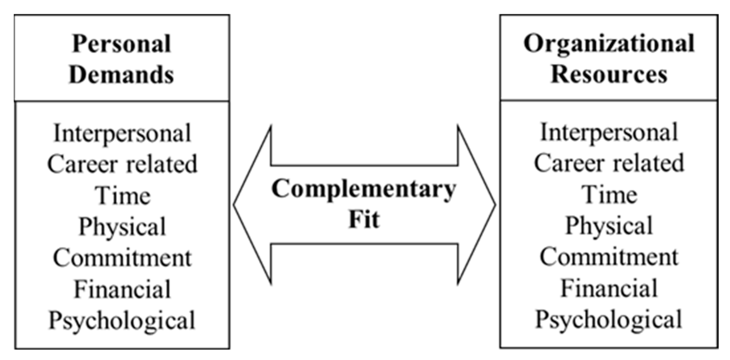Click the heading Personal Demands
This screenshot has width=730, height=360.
click(x=122, y=59)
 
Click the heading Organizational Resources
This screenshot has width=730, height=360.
click(x=609, y=59)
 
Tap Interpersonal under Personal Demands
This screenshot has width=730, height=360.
click(x=122, y=133)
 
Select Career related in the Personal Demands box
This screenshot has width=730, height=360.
click(x=122, y=164)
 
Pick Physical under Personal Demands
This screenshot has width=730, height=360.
click(x=122, y=227)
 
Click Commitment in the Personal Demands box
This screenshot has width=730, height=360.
click(x=122, y=258)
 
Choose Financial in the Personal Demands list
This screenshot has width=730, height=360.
click(x=122, y=289)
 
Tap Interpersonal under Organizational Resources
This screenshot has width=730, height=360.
click(x=609, y=132)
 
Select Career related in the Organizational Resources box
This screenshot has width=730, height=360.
click(x=609, y=163)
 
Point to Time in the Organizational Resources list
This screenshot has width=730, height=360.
click(x=609, y=195)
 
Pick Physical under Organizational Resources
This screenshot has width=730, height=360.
click(x=609, y=226)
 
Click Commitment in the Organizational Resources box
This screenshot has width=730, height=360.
click(x=609, y=257)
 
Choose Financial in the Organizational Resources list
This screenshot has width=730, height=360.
click(x=609, y=288)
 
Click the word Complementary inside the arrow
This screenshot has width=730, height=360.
click(x=364, y=189)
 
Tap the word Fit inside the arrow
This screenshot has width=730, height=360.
click(x=364, y=220)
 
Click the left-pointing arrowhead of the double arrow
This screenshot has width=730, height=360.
click(x=253, y=205)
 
